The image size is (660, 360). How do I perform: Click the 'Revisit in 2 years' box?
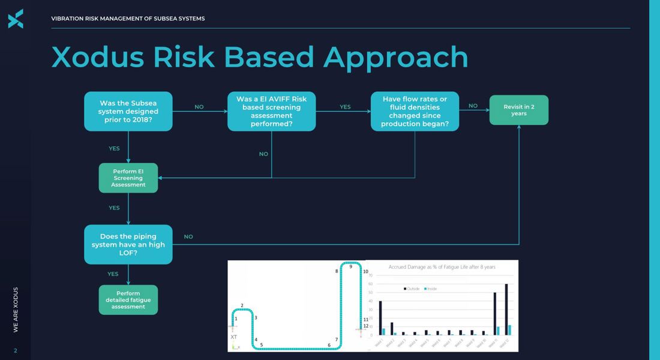518,110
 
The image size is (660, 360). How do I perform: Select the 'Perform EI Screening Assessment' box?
128,178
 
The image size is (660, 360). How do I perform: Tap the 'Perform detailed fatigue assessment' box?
128,300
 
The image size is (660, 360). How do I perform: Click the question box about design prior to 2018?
128,111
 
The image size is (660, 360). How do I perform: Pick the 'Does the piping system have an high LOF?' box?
128,244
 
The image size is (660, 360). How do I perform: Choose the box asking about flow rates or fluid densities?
415,111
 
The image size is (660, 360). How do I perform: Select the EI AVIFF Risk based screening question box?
271,111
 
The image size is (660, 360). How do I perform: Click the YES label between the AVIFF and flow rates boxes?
345,107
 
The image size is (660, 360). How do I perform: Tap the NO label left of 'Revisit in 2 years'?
473,106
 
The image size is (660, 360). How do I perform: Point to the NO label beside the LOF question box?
188,237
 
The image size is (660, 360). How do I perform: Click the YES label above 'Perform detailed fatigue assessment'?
113,274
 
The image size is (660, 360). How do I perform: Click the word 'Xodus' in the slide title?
98,57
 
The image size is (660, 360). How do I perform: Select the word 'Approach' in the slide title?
395,57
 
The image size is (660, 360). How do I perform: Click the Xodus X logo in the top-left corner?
16,19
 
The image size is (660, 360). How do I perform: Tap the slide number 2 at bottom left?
16,351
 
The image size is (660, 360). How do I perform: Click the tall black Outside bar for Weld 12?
506,309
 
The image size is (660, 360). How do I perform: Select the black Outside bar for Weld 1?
380,317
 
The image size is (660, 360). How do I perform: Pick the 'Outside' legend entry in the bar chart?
411,289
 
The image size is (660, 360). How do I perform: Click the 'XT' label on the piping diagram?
234,337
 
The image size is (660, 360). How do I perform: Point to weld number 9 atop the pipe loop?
351,266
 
